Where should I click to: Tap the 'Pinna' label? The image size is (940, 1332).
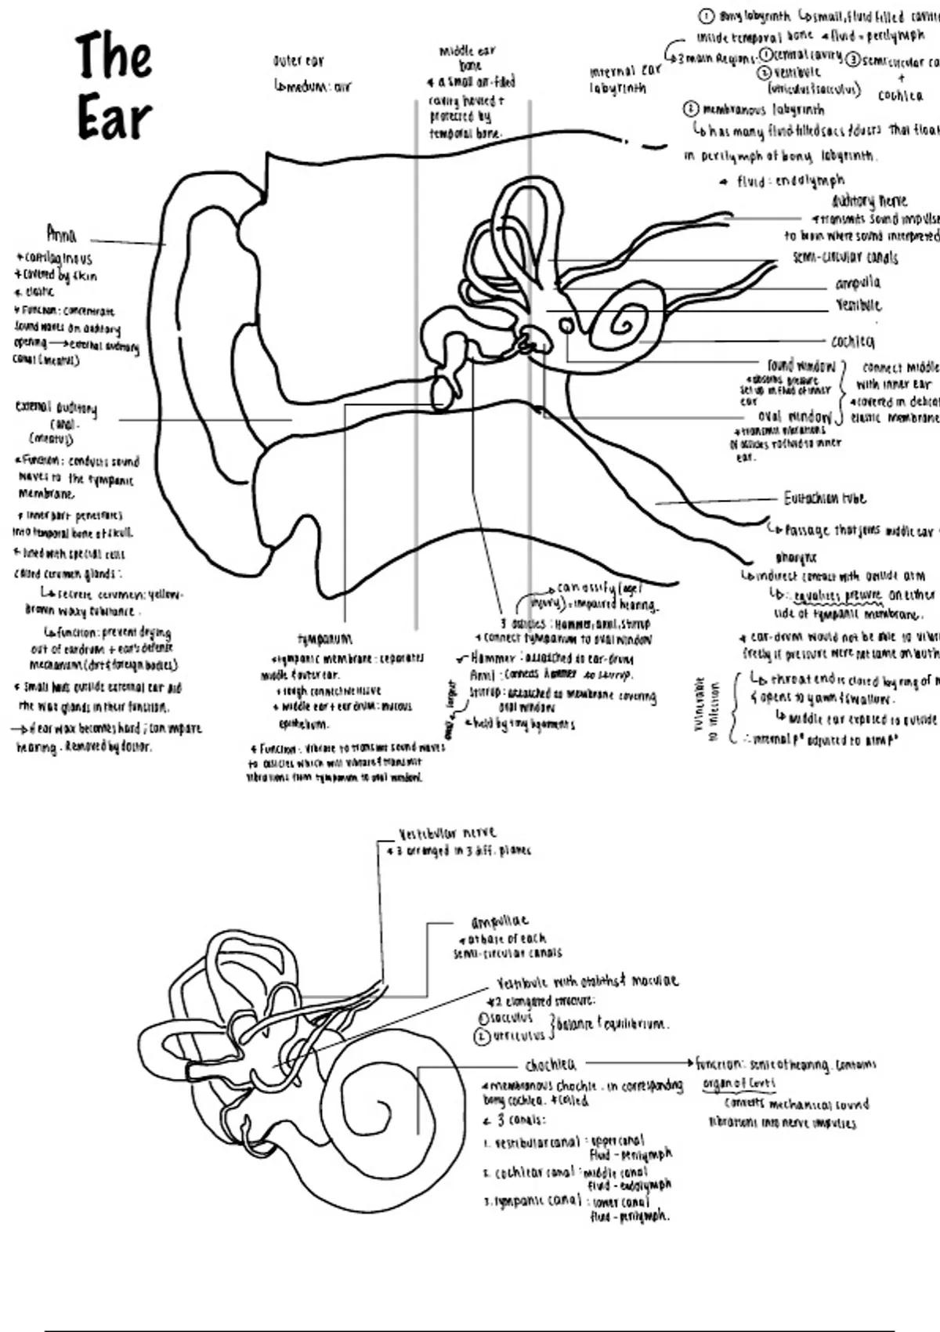[61, 234]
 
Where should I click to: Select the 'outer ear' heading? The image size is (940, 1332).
[298, 61]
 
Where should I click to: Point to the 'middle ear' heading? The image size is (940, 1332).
[467, 52]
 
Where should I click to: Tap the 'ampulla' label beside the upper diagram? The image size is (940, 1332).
[858, 283]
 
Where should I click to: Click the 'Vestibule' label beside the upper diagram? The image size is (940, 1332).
[858, 306]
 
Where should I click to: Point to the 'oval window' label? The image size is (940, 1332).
[794, 416]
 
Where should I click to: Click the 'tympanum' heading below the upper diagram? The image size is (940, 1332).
[325, 639]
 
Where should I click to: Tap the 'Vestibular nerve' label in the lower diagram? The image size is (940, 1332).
[447, 834]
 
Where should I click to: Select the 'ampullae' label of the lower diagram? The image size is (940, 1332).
[500, 922]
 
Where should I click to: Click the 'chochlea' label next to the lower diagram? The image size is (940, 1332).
[550, 1065]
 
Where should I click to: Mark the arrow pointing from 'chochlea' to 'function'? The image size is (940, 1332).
[638, 1064]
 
